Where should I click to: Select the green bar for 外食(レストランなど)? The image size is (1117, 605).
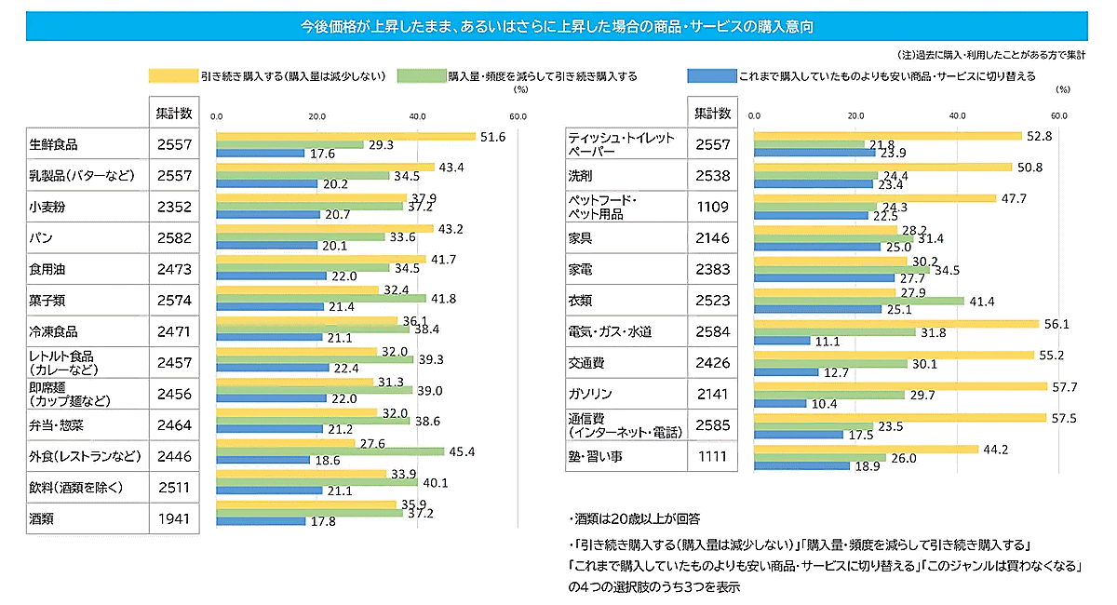tap(330, 451)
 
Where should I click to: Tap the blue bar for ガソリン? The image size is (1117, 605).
tap(780, 403)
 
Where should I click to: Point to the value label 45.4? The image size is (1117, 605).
tap(462, 451)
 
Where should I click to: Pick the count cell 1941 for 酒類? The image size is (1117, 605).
tap(173, 518)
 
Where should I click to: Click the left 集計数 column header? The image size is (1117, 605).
tap(173, 114)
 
